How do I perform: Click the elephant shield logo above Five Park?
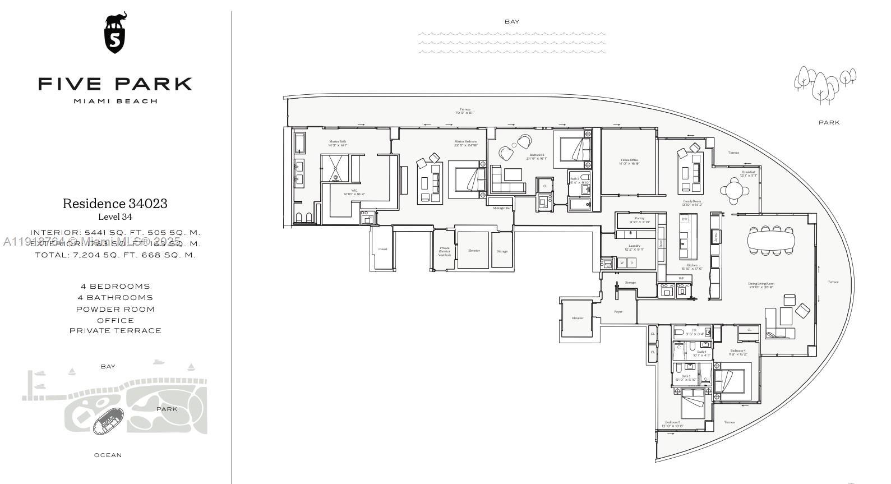[116, 33]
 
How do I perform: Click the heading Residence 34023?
[115, 204]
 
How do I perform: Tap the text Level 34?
[115, 217]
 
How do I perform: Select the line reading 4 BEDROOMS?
[115, 287]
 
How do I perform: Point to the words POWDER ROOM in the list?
[115, 310]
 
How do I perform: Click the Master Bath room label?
[338, 143]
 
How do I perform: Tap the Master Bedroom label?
[465, 143]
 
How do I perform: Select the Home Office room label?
[629, 162]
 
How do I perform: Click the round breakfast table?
[735, 190]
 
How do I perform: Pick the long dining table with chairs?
[771, 241]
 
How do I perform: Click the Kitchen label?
[692, 266]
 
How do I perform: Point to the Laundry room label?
[634, 247]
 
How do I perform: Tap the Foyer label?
[618, 312]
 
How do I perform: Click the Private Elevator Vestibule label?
[444, 251]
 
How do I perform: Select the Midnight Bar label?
[501, 208]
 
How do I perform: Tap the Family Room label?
[692, 202]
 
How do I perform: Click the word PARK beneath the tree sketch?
[829, 122]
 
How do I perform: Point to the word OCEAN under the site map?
[108, 455]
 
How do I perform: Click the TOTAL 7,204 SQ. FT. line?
[115, 255]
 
